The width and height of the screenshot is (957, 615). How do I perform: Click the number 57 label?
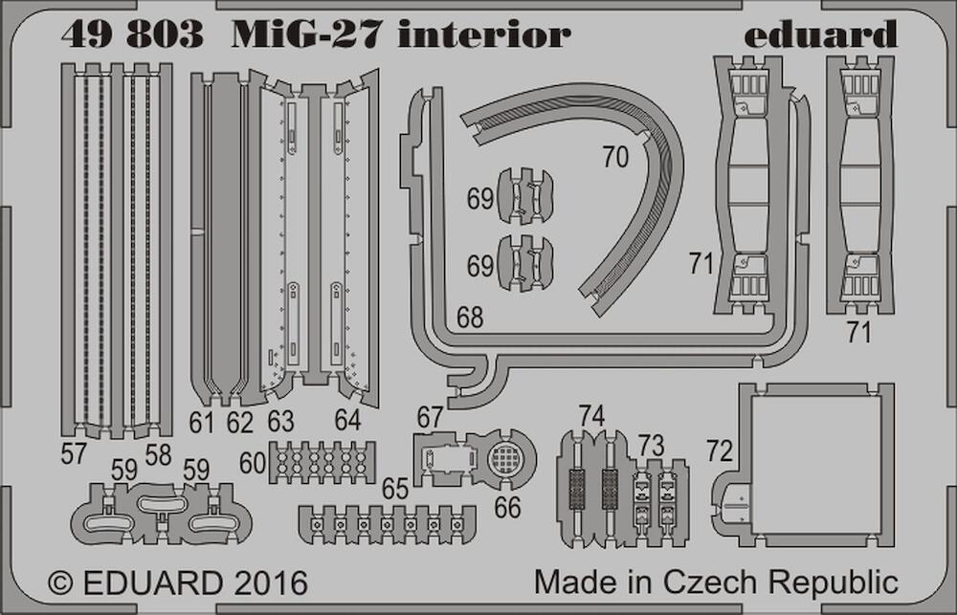[73, 454]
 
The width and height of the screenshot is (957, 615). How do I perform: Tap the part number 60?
[253, 463]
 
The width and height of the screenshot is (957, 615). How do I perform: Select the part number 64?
[348, 421]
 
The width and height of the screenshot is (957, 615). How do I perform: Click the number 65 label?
[395, 489]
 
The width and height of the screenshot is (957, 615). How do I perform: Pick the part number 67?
[430, 417]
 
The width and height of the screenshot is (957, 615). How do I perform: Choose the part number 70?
[615, 157]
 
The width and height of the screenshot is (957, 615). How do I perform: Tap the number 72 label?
[719, 449]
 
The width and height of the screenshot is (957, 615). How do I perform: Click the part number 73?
[651, 445]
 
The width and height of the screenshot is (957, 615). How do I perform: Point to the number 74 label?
[592, 416]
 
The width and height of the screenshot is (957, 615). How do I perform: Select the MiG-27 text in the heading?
[308, 36]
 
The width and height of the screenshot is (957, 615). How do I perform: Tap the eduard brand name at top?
[820, 36]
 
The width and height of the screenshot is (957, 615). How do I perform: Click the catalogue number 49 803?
[132, 36]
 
